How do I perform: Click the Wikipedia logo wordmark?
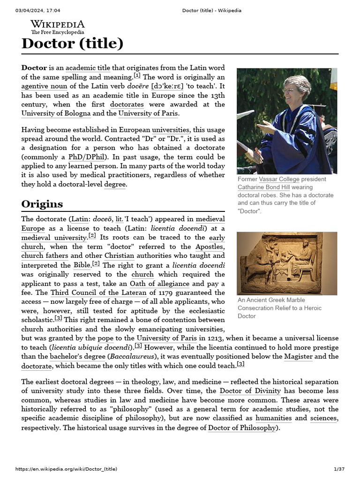[58, 24]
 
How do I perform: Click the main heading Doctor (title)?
[72, 44]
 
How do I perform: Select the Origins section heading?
[42, 204]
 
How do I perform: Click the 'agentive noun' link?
[44, 86]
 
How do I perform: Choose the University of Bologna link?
[56, 113]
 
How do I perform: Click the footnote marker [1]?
[137, 75]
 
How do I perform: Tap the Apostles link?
[209, 247]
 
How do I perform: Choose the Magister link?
[298, 356]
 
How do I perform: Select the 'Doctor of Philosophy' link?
[242, 427]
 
